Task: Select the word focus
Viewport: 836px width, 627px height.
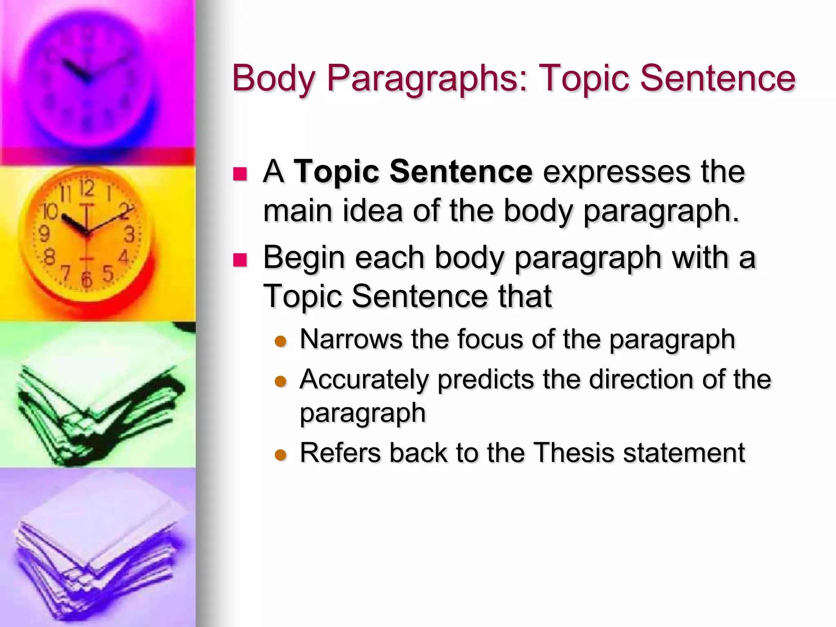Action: click(x=489, y=339)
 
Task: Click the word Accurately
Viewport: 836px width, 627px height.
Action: click(x=364, y=380)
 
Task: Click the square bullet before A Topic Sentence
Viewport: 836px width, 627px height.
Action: click(x=240, y=174)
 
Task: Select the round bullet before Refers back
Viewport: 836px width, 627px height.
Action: click(x=281, y=454)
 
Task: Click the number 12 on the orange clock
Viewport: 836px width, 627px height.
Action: click(x=87, y=189)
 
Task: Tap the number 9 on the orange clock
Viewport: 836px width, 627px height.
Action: click(x=44, y=234)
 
